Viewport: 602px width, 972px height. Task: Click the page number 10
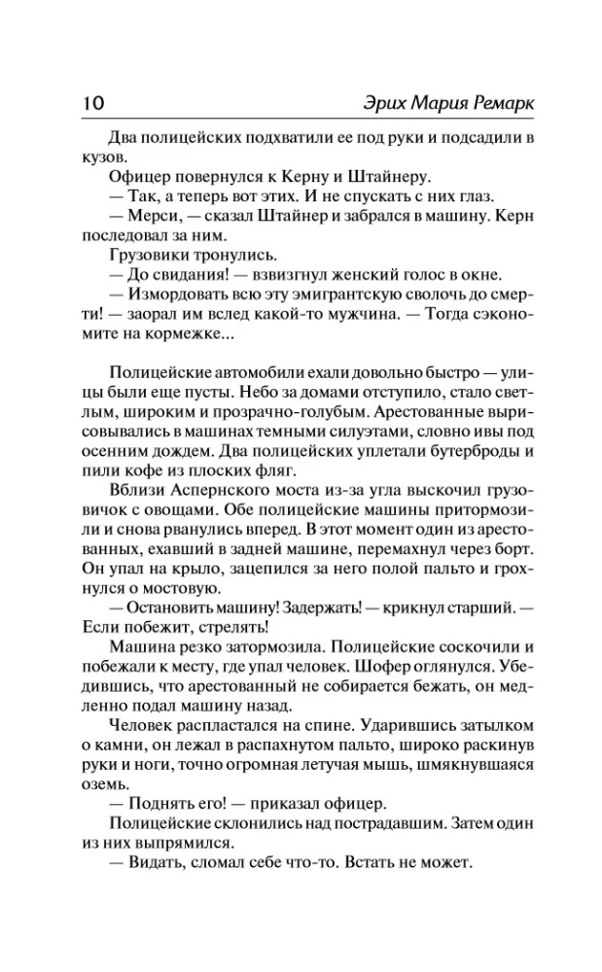(82, 101)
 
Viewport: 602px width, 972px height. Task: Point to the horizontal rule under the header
(301, 120)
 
